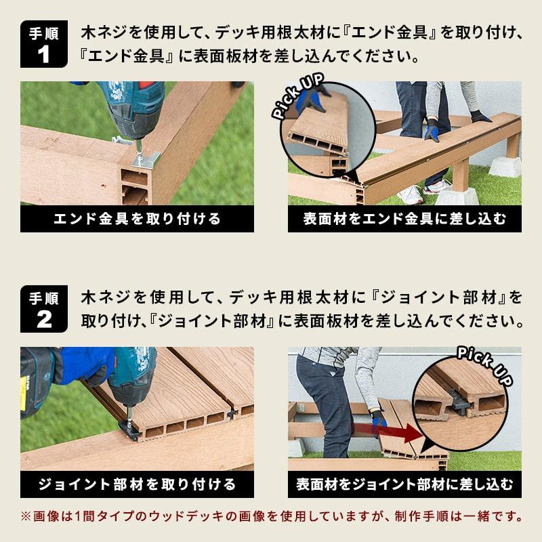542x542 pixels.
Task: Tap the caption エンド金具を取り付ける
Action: pyautogui.click(x=137, y=219)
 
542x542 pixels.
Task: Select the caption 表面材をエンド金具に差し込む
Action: pyautogui.click(x=404, y=219)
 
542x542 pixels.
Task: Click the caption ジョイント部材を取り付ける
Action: pyautogui.click(x=137, y=484)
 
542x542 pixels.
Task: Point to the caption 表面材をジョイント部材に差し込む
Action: pyautogui.click(x=404, y=484)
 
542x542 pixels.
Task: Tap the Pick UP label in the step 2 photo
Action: pyautogui.click(x=485, y=362)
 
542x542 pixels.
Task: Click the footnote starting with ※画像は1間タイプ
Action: pyautogui.click(x=271, y=516)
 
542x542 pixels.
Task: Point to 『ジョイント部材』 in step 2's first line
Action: pyautogui.click(x=440, y=297)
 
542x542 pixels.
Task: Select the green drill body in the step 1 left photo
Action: pyautogui.click(x=132, y=108)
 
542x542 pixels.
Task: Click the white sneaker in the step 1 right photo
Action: pyautogui.click(x=410, y=196)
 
